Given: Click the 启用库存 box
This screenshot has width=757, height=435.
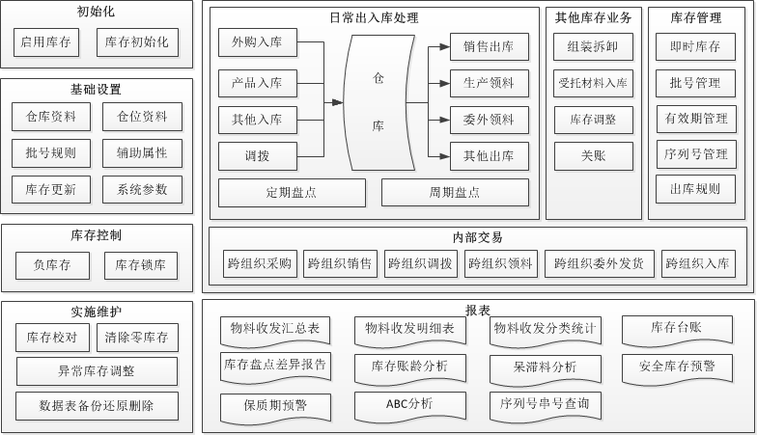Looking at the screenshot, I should tap(47, 41).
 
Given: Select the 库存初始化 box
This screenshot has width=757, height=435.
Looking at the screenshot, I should tap(137, 41).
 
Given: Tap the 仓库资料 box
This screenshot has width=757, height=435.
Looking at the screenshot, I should tap(51, 117).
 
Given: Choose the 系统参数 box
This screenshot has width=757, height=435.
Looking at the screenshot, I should tap(142, 188).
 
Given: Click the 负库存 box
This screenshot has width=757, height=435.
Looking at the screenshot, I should tap(53, 265).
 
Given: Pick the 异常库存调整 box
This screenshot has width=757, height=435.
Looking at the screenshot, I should tap(97, 371).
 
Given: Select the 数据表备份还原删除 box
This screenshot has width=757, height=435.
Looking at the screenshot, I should tap(97, 405).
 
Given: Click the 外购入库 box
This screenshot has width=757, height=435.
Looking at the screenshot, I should tap(257, 43).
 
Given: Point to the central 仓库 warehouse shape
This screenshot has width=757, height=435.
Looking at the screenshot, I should tap(378, 100).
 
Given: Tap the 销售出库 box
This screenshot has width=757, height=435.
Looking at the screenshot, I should tap(489, 46).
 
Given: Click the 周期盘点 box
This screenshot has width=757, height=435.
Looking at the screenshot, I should tap(455, 193).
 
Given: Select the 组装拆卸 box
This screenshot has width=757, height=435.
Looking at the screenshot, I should tap(594, 46).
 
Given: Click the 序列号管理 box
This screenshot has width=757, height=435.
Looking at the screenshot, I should tap(695, 154).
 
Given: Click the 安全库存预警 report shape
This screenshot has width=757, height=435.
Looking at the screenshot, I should tap(677, 367).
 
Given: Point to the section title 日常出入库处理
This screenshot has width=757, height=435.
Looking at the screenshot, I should tap(374, 16).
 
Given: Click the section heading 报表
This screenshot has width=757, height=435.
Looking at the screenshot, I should tap(477, 311).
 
